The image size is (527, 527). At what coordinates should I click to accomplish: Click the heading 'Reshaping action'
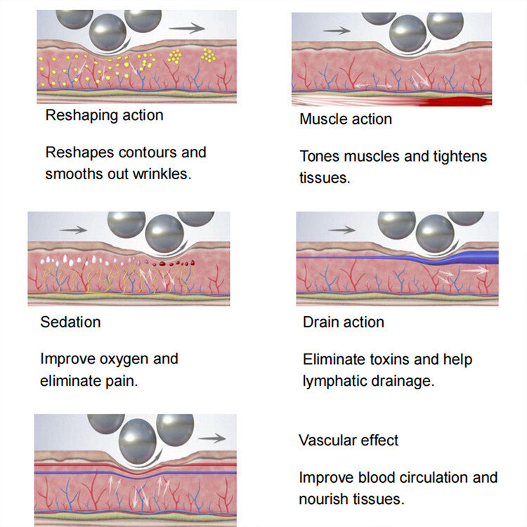(105, 115)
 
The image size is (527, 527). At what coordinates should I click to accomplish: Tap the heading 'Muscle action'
(346, 119)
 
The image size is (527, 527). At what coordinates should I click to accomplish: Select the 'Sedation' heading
(70, 322)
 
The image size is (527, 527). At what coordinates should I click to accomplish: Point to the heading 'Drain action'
(344, 322)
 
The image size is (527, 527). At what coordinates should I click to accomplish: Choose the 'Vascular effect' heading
(349, 441)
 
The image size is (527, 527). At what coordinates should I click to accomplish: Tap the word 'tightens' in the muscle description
(460, 156)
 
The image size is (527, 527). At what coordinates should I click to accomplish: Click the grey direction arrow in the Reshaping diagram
(187, 28)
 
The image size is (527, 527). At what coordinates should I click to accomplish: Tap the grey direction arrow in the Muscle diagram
(337, 31)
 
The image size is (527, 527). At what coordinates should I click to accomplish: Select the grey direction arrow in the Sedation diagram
(73, 230)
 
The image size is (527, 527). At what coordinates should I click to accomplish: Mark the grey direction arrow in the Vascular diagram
(212, 438)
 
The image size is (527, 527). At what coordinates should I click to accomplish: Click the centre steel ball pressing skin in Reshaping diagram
(108, 32)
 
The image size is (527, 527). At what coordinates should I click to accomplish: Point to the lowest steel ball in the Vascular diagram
(138, 436)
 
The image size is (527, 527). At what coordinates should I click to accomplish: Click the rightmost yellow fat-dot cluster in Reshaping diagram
(209, 55)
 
